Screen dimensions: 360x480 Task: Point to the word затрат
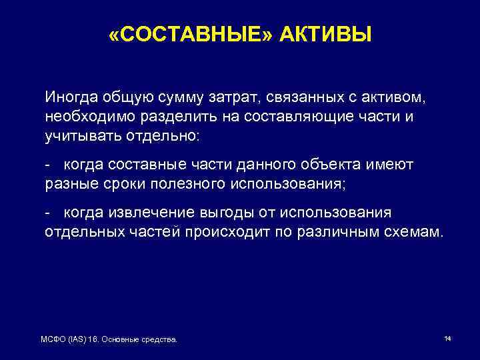point(241,97)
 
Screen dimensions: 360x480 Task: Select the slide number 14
point(447,339)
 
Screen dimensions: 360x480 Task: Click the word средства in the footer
point(161,340)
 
